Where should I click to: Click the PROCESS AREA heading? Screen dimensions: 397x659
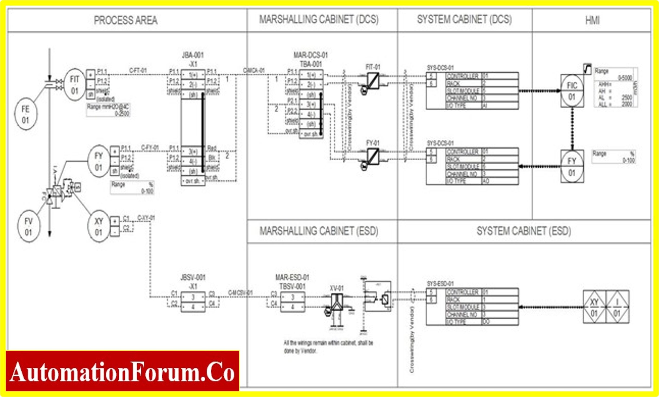pos(125,21)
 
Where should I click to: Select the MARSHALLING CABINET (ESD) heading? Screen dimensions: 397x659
pos(319,231)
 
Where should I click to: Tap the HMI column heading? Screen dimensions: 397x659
pos(592,21)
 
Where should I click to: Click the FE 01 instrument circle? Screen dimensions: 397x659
pos(26,114)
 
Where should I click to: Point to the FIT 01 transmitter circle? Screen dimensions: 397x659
pos(74,85)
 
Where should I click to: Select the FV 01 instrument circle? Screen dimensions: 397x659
pos(29,226)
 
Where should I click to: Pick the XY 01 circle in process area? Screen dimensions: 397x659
pos(99,226)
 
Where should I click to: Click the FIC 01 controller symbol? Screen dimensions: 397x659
pos(572,91)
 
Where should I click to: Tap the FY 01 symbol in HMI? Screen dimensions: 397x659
pos(572,167)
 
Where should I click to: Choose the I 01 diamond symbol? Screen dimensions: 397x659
pos(617,307)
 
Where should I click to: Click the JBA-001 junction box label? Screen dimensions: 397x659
pos(193,55)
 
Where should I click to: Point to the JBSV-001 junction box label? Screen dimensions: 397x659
pos(193,278)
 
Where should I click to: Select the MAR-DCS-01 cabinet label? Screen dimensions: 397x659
pos(310,55)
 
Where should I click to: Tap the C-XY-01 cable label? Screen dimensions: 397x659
pos(146,218)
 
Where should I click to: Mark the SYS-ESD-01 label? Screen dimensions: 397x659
pos(440,283)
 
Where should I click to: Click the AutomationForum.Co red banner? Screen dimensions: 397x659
pos(122,371)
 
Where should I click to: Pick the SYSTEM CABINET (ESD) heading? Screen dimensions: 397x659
pos(524,231)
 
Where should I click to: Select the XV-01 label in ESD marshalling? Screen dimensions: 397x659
pos(336,288)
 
